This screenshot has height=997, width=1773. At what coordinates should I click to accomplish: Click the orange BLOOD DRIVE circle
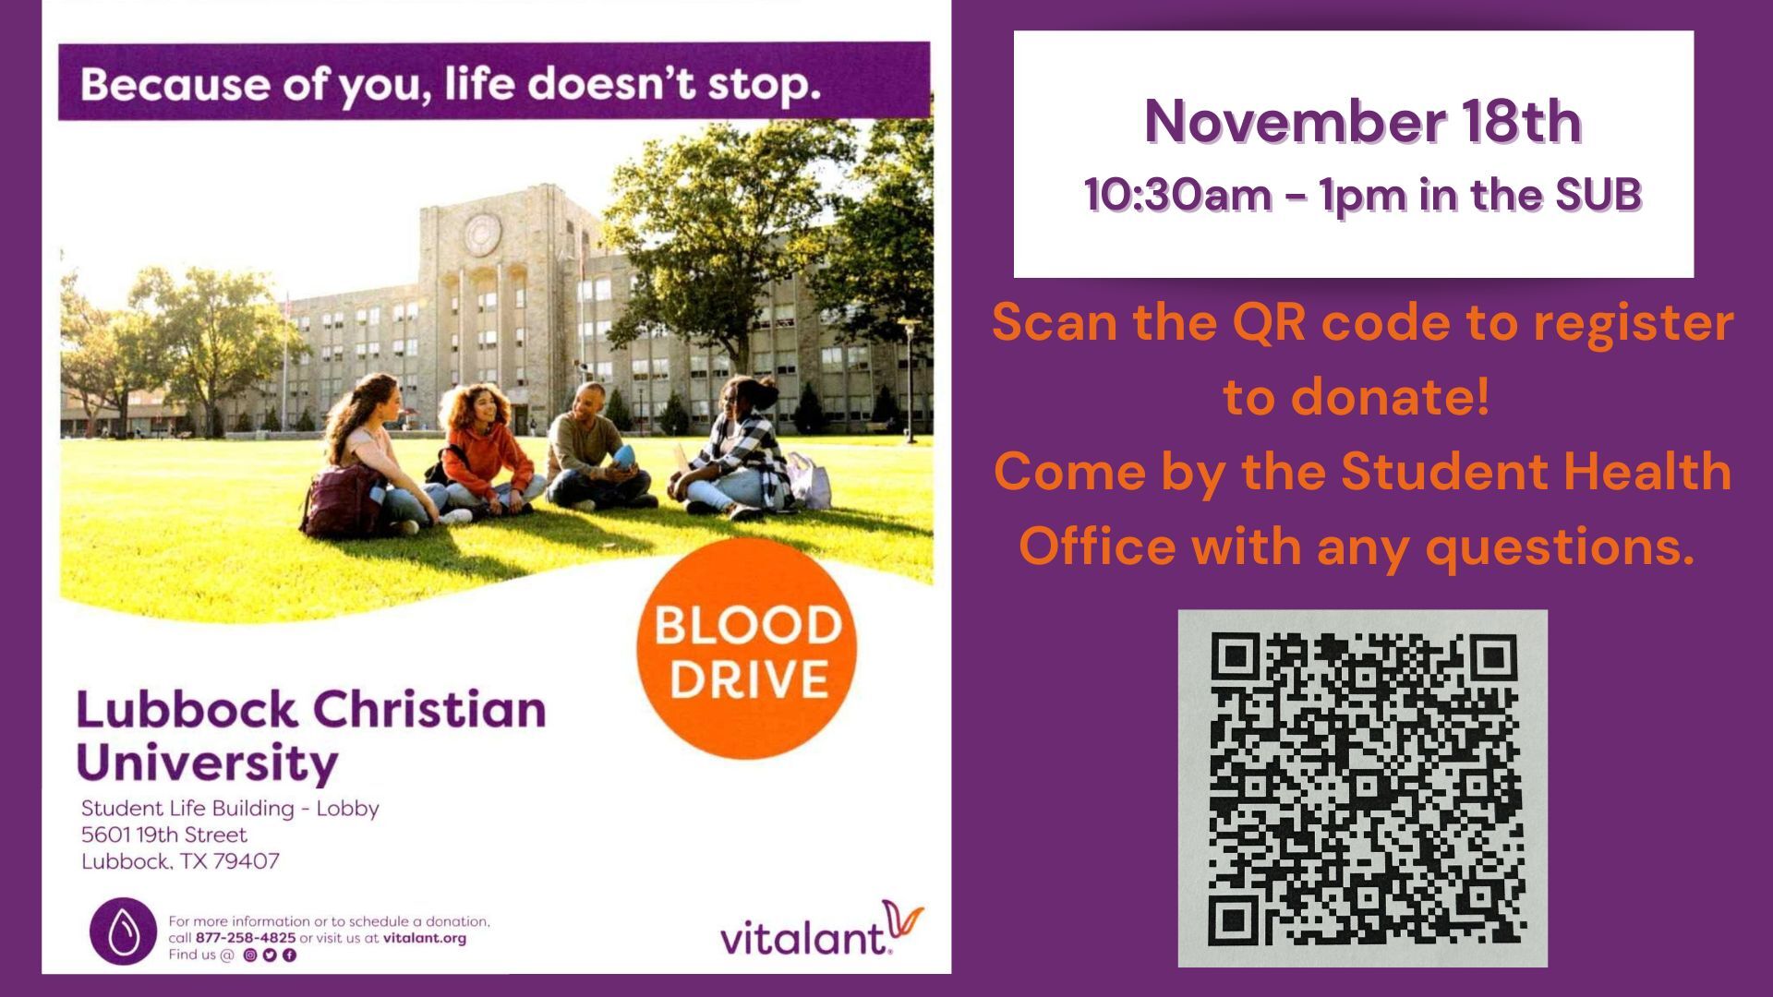pyautogui.click(x=746, y=649)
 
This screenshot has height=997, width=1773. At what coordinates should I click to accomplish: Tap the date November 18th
pyautogui.click(x=1363, y=121)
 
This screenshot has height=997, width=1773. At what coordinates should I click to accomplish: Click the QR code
pyautogui.click(x=1363, y=788)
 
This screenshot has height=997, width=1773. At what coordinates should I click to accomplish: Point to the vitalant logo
pyautogui.click(x=821, y=930)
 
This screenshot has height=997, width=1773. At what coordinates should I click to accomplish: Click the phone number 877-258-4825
pyautogui.click(x=246, y=938)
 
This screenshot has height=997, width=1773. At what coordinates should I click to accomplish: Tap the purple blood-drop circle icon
pyautogui.click(x=123, y=931)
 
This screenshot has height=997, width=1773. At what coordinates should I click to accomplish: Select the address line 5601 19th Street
pyautogui.click(x=164, y=835)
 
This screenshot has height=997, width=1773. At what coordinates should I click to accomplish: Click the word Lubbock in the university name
pyautogui.click(x=187, y=710)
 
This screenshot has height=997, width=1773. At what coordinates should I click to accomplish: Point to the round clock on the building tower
pyautogui.click(x=481, y=234)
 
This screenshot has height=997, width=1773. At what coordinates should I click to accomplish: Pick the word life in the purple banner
pyautogui.click(x=478, y=83)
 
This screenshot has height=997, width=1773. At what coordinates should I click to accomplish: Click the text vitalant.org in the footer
pyautogui.click(x=425, y=938)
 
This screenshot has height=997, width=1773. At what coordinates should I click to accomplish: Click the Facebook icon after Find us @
pyautogui.click(x=289, y=955)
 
